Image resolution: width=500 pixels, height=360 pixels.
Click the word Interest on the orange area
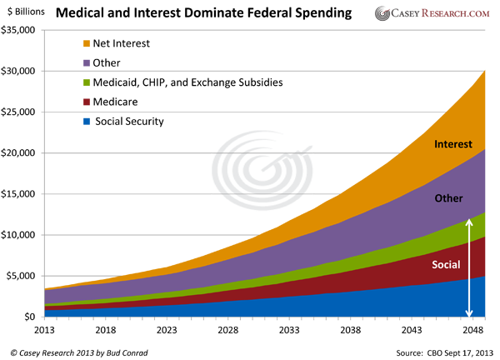tap(453, 145)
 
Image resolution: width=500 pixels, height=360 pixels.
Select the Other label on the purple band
tap(449, 198)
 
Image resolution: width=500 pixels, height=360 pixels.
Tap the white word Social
tap(446, 265)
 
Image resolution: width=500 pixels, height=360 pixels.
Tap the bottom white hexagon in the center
tap(257, 203)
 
